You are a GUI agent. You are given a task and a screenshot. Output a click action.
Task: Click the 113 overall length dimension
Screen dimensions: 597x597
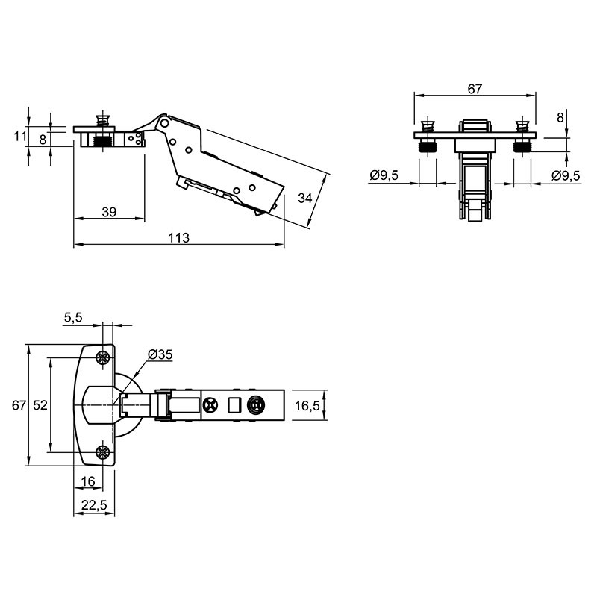[x=178, y=237]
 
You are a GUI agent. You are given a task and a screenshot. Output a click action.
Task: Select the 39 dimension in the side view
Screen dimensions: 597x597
[x=109, y=212]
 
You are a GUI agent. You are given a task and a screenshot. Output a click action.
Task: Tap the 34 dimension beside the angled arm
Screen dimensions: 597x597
[x=305, y=198]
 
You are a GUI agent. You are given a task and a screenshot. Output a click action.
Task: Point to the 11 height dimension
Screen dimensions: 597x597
[x=20, y=136]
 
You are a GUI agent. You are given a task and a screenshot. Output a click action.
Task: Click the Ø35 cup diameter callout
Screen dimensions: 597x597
[x=160, y=354]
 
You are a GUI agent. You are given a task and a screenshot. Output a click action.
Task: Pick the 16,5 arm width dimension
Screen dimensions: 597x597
[x=307, y=406]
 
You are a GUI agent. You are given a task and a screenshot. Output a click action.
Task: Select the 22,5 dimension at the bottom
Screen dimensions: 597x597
[x=94, y=505]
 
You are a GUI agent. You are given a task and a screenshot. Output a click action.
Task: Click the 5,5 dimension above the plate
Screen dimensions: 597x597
[x=73, y=317]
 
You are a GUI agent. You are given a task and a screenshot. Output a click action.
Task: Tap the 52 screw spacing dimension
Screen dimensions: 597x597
[x=40, y=405]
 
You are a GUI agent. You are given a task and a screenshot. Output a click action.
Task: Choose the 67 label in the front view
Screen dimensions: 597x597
[x=475, y=89]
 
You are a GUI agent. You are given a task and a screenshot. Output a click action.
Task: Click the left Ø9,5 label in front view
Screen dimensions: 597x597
[x=384, y=175]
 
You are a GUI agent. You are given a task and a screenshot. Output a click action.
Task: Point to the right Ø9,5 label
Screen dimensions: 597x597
[x=566, y=175]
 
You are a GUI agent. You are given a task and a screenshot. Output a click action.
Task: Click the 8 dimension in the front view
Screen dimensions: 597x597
[x=560, y=118]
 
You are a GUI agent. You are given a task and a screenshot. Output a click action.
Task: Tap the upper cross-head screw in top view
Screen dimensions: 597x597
[x=102, y=357]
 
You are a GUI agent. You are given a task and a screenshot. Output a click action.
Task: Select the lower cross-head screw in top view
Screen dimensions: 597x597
[x=102, y=452]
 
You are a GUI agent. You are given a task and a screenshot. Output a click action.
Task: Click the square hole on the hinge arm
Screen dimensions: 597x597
[x=234, y=405]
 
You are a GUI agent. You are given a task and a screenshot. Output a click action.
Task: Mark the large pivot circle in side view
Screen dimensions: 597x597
[x=164, y=123]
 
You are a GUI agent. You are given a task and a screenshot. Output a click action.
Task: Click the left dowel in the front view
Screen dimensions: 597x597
[x=428, y=136]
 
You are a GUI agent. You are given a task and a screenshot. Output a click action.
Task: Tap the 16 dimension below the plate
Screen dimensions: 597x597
[x=88, y=481]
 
